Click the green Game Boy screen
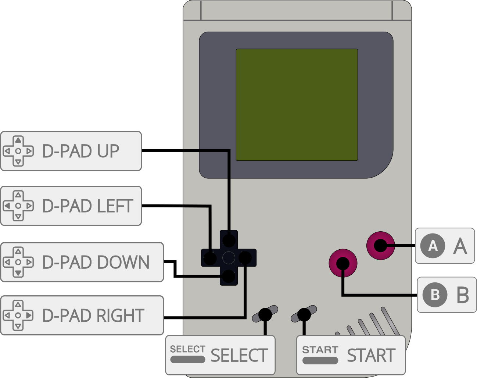click(x=297, y=105)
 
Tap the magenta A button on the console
click(x=381, y=245)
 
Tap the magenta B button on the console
click(x=343, y=263)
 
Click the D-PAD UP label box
click(x=71, y=151)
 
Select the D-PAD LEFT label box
click(x=71, y=206)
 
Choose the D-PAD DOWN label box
click(x=82, y=262)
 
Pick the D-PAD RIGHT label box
click(x=82, y=315)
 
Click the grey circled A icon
click(x=433, y=246)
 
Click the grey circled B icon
click(x=435, y=295)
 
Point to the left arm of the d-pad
click(x=210, y=258)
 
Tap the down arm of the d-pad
click(x=229, y=276)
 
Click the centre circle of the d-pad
click(x=229, y=258)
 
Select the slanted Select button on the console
click(x=265, y=314)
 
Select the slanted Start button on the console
click(x=304, y=314)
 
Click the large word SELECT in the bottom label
click(x=239, y=356)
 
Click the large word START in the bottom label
click(x=371, y=356)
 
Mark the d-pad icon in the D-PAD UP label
click(x=18, y=151)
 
